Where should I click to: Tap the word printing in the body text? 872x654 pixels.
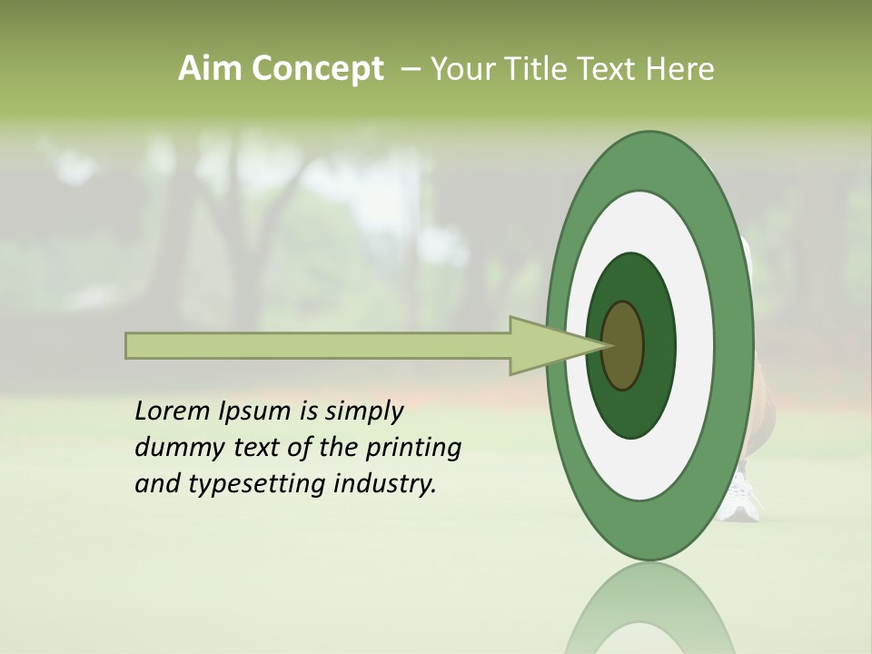(x=411, y=449)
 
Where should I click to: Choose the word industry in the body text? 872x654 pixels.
(x=385, y=483)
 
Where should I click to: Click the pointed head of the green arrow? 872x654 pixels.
(x=545, y=345)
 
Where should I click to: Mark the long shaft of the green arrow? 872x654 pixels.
(x=318, y=346)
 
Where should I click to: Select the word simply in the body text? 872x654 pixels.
(x=363, y=412)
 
